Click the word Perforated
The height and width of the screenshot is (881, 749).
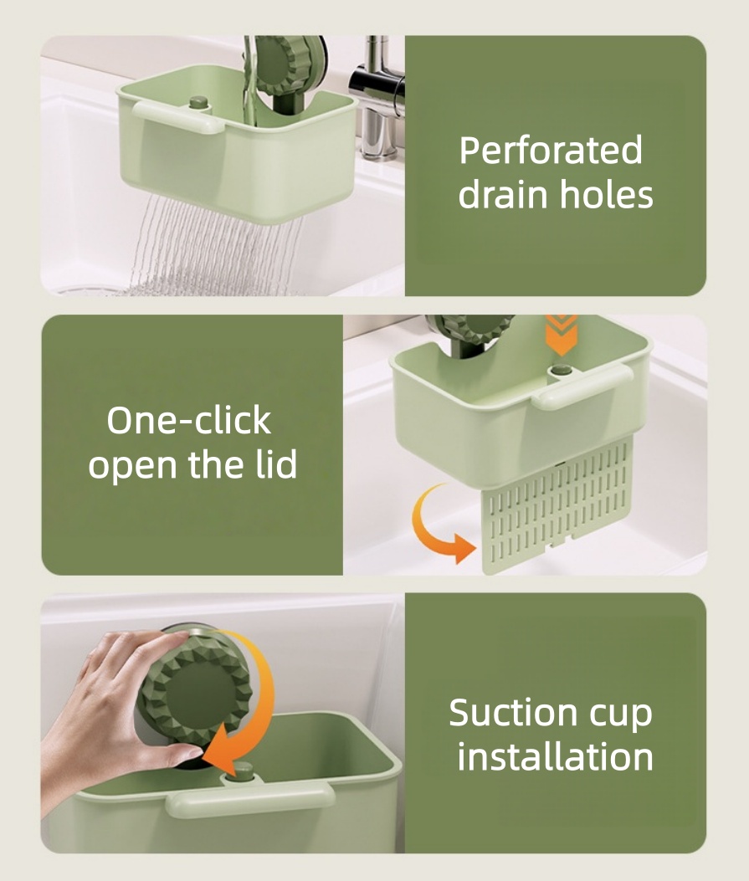pyautogui.click(x=551, y=151)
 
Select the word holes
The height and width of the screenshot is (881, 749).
pyautogui.click(x=606, y=194)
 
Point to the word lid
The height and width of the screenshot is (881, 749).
pyautogui.click(x=275, y=464)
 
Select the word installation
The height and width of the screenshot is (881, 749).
pyautogui.click(x=555, y=756)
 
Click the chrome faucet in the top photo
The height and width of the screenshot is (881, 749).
pyautogui.click(x=377, y=95)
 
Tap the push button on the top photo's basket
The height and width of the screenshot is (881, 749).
pyautogui.click(x=198, y=103)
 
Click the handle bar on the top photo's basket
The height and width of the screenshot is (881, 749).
pyautogui.click(x=177, y=118)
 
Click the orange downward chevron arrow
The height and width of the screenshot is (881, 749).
pyautogui.click(x=561, y=335)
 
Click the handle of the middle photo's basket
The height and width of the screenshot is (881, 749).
pyautogui.click(x=582, y=387)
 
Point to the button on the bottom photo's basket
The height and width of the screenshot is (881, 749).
pyautogui.click(x=244, y=771)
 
